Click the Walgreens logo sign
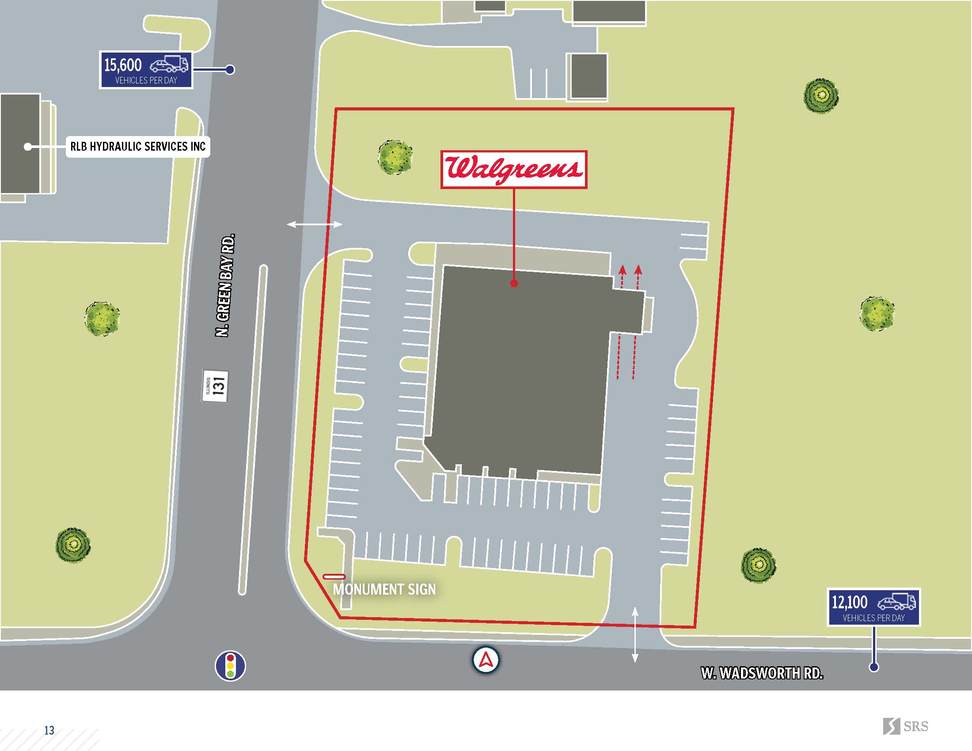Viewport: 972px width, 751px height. click(513, 169)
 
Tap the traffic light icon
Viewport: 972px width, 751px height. click(230, 666)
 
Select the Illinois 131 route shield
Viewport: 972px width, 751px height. click(216, 385)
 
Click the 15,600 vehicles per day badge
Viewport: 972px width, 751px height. click(145, 70)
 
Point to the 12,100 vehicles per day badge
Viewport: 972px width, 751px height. click(873, 607)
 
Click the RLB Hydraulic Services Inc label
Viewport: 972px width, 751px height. click(138, 146)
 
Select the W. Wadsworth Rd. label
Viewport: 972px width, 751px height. click(762, 673)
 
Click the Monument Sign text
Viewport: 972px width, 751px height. click(384, 589)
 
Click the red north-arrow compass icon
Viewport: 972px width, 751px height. click(486, 660)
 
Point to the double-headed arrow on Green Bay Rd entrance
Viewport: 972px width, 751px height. click(315, 225)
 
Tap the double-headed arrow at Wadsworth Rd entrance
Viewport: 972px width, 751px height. click(635, 634)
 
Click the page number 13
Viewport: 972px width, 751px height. click(49, 730)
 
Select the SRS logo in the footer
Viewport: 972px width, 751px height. click(905, 727)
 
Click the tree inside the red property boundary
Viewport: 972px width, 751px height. click(395, 157)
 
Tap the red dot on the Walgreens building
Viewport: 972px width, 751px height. click(514, 283)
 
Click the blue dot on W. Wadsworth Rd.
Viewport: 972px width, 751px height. click(873, 667)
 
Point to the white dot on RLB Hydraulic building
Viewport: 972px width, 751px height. click(27, 146)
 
